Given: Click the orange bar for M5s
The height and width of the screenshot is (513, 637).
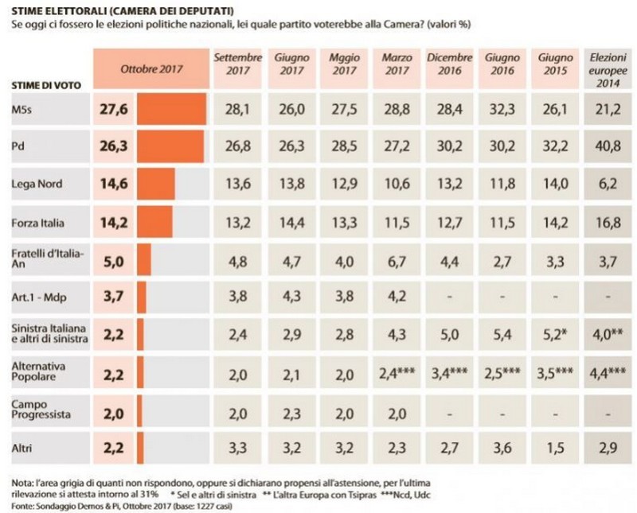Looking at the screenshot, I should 171,110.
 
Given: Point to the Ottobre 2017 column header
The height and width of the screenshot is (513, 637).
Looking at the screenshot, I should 151,68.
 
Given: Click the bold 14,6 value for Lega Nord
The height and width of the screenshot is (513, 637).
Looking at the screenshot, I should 114,185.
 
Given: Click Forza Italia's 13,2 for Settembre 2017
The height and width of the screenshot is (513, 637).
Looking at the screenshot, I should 236,222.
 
